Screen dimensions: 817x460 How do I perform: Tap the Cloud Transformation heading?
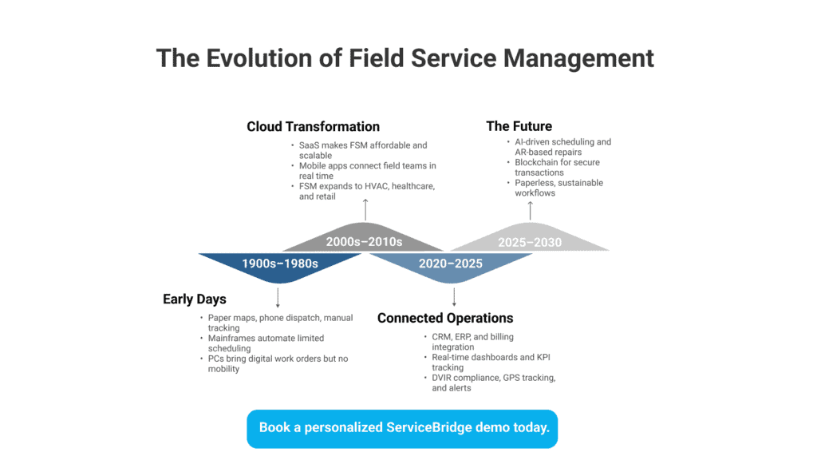coord(313,127)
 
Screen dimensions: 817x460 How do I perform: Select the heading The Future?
coord(519,126)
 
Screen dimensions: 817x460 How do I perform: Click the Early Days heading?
coord(195,299)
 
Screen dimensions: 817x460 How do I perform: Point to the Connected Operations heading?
coord(445,318)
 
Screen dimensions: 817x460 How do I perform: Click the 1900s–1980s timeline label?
coord(280,264)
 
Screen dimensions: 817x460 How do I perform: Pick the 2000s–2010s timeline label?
coord(364,242)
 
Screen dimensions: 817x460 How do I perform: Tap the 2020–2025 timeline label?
coord(451,264)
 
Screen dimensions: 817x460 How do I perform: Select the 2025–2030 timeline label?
coord(530,243)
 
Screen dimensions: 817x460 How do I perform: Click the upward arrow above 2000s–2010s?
coord(365,209)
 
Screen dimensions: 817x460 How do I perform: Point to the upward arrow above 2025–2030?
coord(531,211)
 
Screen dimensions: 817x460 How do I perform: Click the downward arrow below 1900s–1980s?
coord(278,298)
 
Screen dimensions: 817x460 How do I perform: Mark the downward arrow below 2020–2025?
coord(454,297)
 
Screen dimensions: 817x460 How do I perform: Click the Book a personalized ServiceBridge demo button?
coord(402,429)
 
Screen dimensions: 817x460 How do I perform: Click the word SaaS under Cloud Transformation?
coord(309,145)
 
